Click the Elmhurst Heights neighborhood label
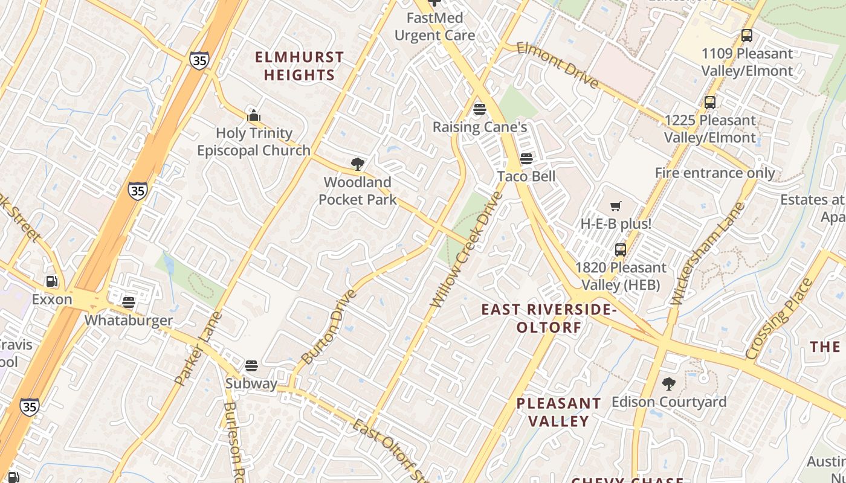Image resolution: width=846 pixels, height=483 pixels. [x=299, y=66]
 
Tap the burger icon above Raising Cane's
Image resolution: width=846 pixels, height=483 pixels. [x=480, y=109]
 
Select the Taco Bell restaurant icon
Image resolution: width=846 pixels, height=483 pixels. [x=526, y=159]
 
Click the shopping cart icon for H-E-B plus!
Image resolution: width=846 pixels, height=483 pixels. [x=616, y=206]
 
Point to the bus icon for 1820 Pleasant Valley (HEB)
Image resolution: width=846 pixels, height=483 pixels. [x=620, y=249]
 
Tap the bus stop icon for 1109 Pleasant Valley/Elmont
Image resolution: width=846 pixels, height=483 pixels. [x=747, y=36]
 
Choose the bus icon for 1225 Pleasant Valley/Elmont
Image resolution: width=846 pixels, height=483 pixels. [x=710, y=103]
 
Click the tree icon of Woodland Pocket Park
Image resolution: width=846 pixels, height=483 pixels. [x=357, y=164]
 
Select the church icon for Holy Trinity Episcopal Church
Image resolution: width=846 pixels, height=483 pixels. [x=254, y=115]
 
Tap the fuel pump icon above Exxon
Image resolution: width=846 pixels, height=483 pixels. [x=52, y=281]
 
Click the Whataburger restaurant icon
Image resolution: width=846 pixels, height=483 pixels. [x=128, y=302]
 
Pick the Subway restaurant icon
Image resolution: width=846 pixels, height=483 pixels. [x=251, y=365]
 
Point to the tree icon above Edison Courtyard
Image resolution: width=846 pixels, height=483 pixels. [x=668, y=383]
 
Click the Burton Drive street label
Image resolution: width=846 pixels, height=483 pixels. [x=329, y=327]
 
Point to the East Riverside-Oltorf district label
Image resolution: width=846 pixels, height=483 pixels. [x=549, y=318]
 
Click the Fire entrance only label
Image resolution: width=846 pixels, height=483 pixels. [x=715, y=173]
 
